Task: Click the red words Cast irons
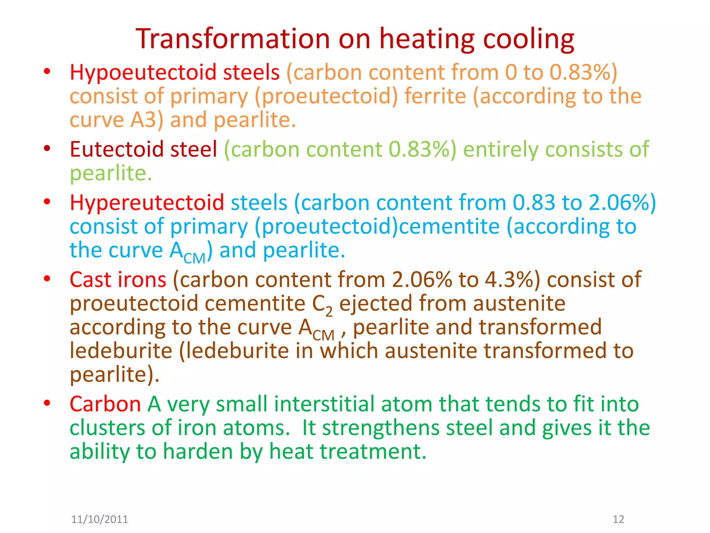point(118,280)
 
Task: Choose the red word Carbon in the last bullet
point(105,404)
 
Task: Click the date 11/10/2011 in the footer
point(99,519)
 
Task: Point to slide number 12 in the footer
point(618,519)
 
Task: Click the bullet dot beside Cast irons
point(47,279)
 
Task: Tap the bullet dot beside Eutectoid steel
point(47,149)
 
